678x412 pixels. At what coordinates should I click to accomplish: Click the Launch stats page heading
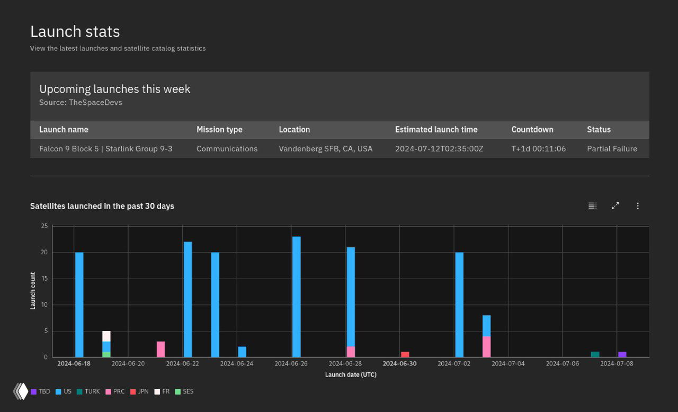[x=75, y=32]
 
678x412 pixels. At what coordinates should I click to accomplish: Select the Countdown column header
[x=532, y=130]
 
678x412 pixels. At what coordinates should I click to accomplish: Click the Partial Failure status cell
[x=612, y=149]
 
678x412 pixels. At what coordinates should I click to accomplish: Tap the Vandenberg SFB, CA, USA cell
[x=325, y=149]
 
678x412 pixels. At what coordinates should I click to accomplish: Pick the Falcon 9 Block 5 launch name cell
[x=105, y=149]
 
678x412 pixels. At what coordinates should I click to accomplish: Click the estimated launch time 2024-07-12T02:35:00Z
[x=439, y=149]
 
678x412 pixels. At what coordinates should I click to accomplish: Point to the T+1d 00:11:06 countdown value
[x=538, y=149]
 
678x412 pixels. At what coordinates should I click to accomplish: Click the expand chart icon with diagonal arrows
[x=615, y=206]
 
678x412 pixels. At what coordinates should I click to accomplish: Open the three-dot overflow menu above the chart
[x=638, y=206]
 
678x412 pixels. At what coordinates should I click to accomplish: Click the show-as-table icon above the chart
[x=592, y=206]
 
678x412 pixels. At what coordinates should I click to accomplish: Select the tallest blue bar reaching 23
[x=296, y=297]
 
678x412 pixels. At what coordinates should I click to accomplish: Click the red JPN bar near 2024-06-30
[x=405, y=354]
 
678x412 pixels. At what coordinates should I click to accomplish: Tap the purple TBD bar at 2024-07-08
[x=622, y=354]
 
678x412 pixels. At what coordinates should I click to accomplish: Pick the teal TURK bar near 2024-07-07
[x=595, y=354]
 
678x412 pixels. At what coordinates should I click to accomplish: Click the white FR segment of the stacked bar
[x=106, y=336]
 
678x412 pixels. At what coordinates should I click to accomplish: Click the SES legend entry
[x=184, y=392]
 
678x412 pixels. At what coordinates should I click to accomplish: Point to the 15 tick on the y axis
[x=44, y=279]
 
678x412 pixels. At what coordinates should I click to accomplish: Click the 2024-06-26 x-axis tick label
[x=291, y=364]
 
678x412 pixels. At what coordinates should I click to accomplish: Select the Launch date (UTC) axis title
[x=350, y=375]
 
